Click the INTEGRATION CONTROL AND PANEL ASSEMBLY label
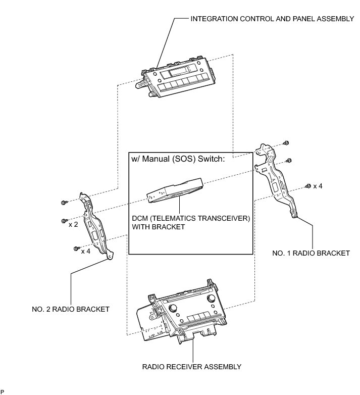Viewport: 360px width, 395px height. [x=272, y=19]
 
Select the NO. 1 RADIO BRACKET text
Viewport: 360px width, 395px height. [x=311, y=253]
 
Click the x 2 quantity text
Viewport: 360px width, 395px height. [x=73, y=224]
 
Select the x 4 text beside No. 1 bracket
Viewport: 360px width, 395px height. [x=318, y=186]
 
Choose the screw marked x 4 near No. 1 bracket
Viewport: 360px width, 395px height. [x=307, y=186]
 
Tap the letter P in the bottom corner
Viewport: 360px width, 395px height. [x=3, y=391]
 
